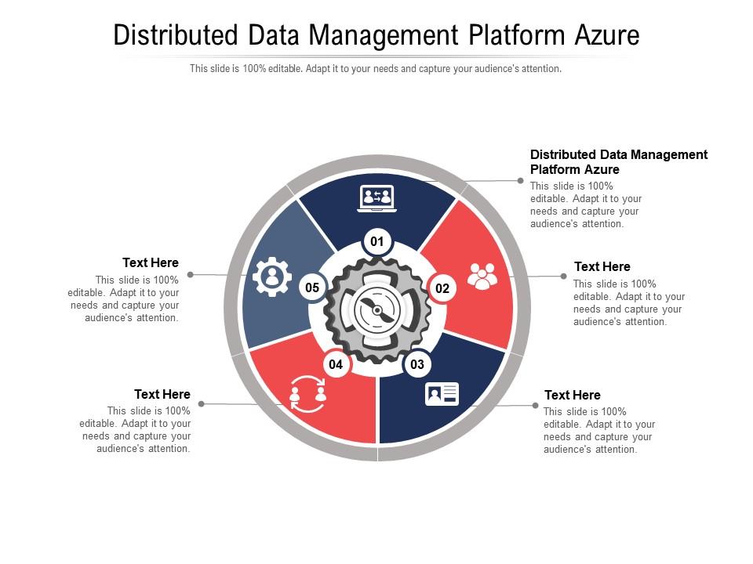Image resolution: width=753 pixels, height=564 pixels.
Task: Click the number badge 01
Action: point(377,241)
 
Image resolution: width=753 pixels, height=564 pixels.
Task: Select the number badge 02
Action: point(442,288)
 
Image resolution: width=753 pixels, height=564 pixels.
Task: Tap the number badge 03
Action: point(417,364)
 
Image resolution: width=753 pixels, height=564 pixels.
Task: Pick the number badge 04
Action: point(336,364)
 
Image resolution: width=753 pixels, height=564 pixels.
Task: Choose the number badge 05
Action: point(312,287)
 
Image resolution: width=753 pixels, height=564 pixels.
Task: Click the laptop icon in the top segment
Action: point(377,198)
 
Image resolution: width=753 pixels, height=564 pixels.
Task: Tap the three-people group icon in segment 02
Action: point(482,276)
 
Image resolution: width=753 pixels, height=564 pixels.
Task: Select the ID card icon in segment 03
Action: point(442,394)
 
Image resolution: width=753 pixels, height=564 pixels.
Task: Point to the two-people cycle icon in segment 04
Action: point(307,392)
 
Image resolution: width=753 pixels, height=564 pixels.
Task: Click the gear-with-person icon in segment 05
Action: point(272,277)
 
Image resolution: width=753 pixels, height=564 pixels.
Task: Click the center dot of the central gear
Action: point(377,311)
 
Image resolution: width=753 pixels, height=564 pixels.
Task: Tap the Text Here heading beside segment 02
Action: point(602,267)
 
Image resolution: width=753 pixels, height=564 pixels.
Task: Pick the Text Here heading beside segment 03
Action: point(573,395)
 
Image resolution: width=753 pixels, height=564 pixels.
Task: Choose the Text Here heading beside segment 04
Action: point(162,394)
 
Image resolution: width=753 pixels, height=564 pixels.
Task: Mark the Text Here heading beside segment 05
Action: point(151,262)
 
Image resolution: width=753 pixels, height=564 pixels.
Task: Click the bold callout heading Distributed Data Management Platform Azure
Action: point(619,161)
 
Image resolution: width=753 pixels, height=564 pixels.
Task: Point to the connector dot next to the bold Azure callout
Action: point(520,181)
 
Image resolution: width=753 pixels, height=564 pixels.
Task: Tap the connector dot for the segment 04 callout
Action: point(202,404)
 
